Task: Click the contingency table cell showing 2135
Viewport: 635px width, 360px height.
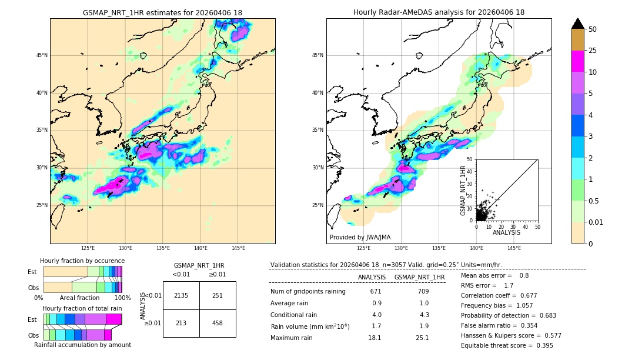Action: coord(181,295)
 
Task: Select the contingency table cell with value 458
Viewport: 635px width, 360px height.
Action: coord(218,323)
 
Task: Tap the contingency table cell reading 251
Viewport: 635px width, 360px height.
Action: coord(218,295)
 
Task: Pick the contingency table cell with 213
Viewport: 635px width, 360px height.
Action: coord(181,323)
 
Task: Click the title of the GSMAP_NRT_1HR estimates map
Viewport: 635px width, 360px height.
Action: coord(162,12)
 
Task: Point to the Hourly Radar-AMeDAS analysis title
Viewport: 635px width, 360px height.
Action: coord(439,12)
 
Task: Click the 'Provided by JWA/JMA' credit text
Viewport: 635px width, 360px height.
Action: coord(360,238)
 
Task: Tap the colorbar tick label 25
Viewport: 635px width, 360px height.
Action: coord(593,51)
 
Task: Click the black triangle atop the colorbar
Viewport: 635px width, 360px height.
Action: coord(578,24)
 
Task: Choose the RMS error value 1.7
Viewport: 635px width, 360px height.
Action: coord(509,285)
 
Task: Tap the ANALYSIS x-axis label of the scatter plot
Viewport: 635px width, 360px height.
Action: coord(506,232)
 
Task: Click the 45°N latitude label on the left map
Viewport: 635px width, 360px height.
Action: coord(42,55)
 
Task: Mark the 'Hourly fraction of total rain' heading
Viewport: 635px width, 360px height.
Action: coord(82,308)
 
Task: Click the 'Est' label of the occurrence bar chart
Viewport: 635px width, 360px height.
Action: coord(33,272)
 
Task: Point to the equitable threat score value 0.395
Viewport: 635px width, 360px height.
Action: coord(543,345)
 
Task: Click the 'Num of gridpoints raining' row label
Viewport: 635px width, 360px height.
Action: coord(308,292)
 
